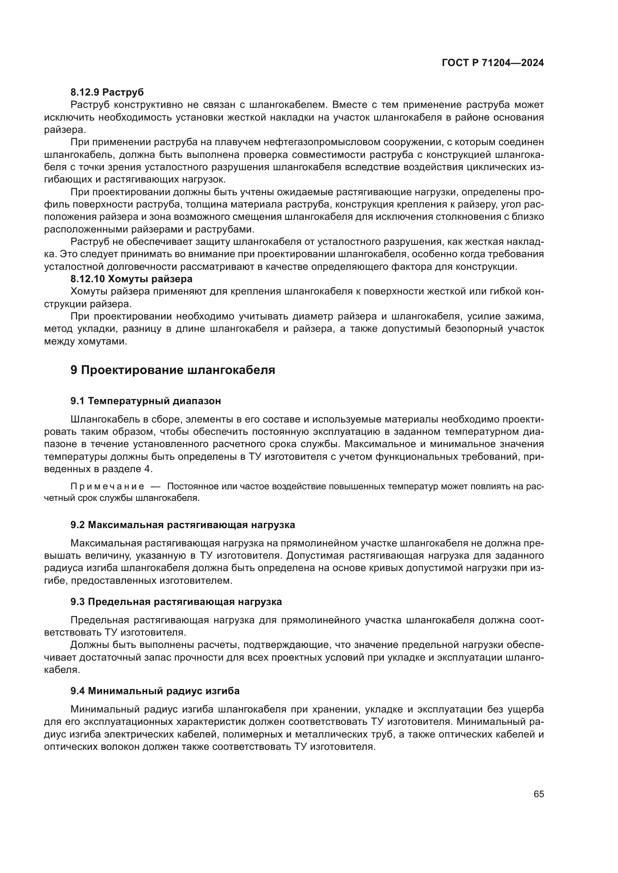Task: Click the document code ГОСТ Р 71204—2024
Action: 492,63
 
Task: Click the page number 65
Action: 538,794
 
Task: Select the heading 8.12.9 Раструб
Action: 107,92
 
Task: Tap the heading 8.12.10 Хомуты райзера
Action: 131,279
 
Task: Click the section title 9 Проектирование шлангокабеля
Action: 172,370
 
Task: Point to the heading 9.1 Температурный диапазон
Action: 145,401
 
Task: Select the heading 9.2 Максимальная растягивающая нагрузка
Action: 182,525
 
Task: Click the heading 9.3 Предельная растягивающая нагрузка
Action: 176,602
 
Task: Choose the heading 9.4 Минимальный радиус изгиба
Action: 155,690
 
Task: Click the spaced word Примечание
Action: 107,487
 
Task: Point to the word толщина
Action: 207,204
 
